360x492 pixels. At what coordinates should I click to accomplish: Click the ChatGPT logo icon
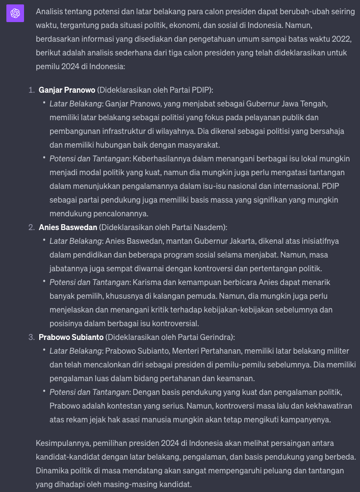(15, 13)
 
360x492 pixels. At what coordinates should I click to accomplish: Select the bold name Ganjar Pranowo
(67, 90)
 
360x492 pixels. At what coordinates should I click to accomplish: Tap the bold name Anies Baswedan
(68, 227)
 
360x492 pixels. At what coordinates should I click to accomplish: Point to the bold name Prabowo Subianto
(71, 337)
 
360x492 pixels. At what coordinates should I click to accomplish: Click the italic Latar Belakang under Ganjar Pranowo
(76, 104)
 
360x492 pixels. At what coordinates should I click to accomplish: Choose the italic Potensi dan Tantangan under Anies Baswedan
(89, 282)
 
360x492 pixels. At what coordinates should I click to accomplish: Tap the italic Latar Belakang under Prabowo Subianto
(76, 351)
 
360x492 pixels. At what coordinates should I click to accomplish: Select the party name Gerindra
(216, 337)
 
